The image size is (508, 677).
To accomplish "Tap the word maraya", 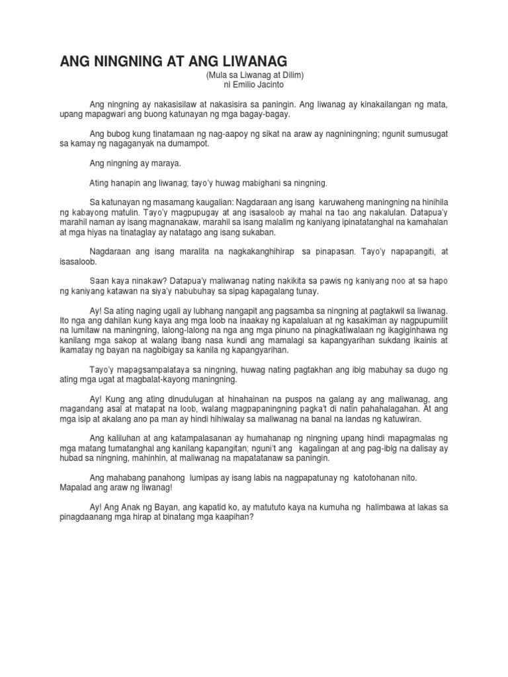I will (156, 162).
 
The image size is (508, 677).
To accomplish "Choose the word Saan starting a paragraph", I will (99, 280).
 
